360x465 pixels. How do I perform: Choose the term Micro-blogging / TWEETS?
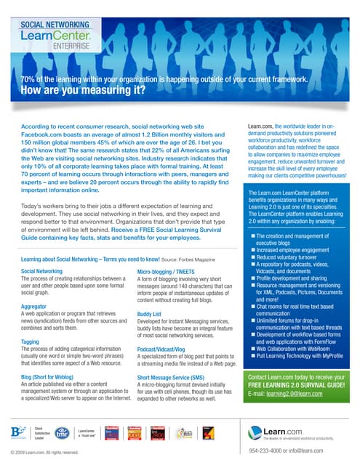pyautogui.click(x=169, y=270)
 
